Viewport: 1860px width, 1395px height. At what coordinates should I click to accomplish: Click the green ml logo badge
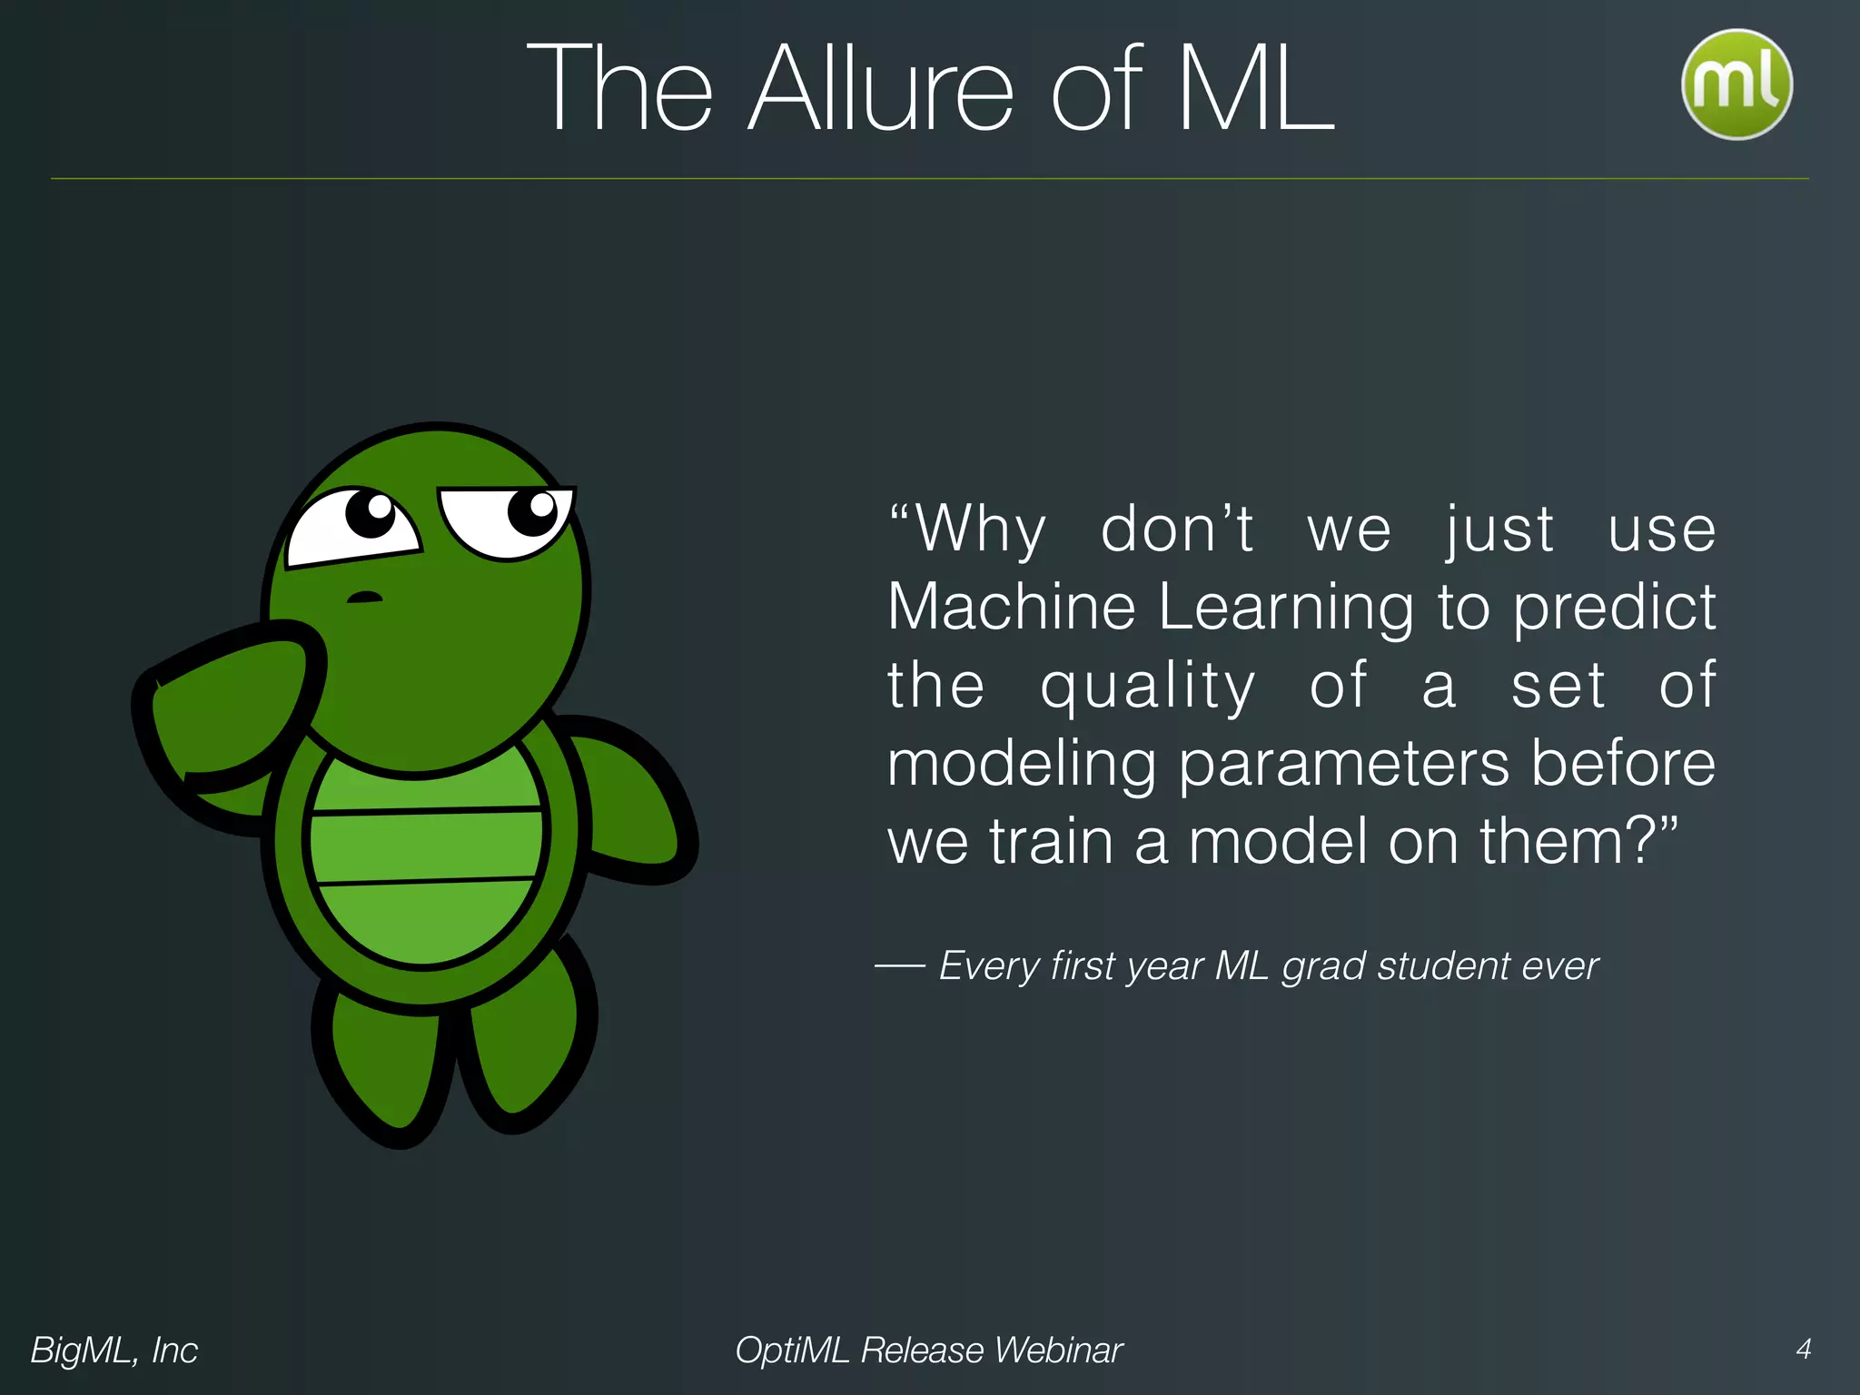(1736, 84)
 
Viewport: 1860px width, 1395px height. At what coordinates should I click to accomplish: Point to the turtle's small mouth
(365, 598)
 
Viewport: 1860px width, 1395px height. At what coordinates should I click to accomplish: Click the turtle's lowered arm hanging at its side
(627, 799)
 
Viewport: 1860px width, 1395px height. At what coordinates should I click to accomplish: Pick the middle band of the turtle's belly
(425, 845)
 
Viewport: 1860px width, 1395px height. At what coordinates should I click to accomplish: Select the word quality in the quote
(1147, 687)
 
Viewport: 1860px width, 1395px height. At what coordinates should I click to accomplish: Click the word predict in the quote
(1614, 608)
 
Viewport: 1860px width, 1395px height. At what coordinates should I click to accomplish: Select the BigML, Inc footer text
(114, 1350)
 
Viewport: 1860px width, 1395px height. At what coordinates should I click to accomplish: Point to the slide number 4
(1804, 1349)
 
